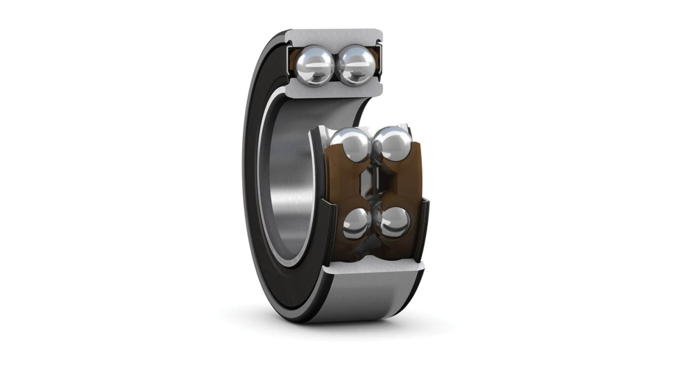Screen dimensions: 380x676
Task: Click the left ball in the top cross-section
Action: click(314, 65)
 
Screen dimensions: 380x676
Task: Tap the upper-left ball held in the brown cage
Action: click(350, 145)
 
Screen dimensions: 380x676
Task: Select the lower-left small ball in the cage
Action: click(357, 224)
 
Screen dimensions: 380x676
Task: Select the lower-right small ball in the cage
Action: click(395, 222)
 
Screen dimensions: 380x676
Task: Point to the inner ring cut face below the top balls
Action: click(333, 91)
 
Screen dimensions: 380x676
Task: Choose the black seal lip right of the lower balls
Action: click(423, 229)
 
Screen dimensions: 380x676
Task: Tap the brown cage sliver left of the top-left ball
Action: click(291, 62)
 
